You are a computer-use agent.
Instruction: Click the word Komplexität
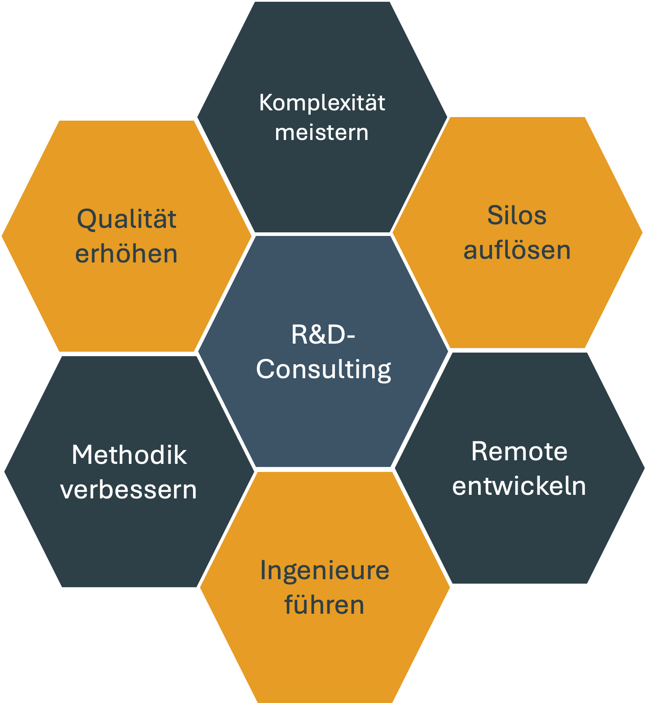point(322,103)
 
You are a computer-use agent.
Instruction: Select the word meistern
point(322,133)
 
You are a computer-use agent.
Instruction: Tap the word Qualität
point(127,219)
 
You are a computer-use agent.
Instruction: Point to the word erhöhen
point(127,254)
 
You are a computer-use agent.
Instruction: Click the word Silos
point(517,215)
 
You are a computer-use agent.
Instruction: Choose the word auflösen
point(517,250)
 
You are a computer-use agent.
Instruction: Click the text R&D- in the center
point(323,335)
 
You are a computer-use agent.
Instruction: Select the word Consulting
point(323,370)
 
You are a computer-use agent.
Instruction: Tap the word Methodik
point(129,455)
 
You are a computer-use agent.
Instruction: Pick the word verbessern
point(129,489)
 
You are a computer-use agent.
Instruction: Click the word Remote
point(519,451)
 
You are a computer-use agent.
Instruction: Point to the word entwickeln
point(519,486)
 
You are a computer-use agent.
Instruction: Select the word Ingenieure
point(325,571)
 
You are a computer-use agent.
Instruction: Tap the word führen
point(324,605)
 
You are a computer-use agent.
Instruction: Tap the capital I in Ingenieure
point(263,570)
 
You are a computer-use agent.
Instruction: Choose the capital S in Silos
point(493,215)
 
